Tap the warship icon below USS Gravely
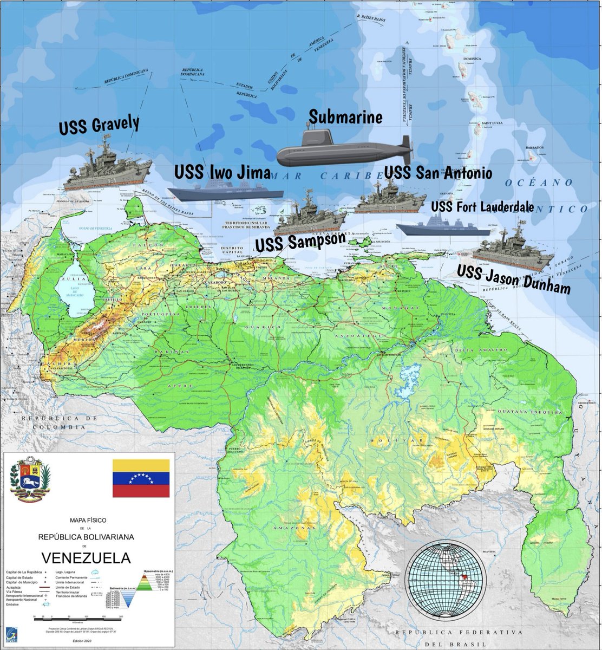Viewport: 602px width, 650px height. (x=107, y=167)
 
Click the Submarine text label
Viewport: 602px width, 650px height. (x=345, y=116)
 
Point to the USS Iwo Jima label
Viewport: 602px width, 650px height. (x=222, y=173)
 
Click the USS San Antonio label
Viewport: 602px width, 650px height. (x=438, y=173)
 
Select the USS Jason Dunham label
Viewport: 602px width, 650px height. (x=513, y=279)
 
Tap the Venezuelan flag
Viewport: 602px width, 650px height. (x=141, y=478)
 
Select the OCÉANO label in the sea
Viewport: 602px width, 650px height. (x=538, y=183)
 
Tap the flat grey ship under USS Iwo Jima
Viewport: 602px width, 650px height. (x=225, y=193)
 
